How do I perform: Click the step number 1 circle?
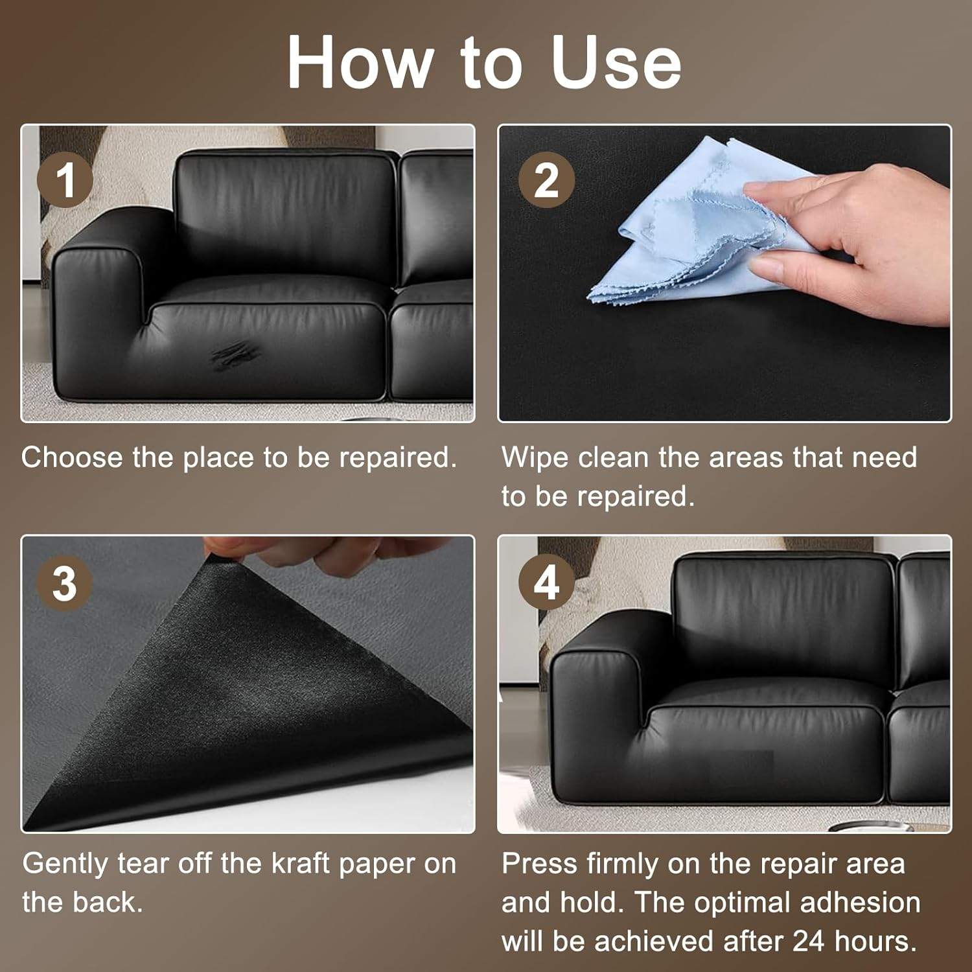pyautogui.click(x=65, y=179)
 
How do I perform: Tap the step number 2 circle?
pyautogui.click(x=546, y=179)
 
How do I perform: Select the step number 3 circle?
pyautogui.click(x=65, y=583)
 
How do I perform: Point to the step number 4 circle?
pyautogui.click(x=546, y=583)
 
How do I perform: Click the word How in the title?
pyautogui.click(x=360, y=62)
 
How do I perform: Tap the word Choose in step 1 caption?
pyautogui.click(x=72, y=457)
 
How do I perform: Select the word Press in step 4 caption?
pyautogui.click(x=539, y=864)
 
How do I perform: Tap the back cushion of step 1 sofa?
pyautogui.click(x=285, y=207)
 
